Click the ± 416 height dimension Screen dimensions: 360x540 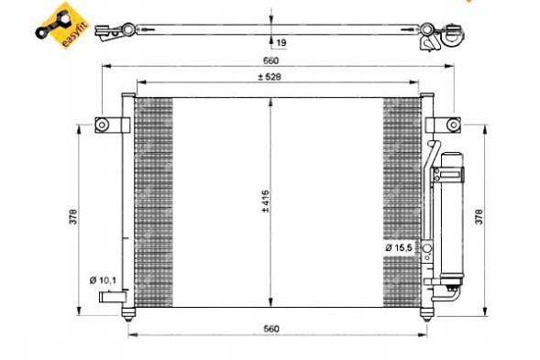coord(262,201)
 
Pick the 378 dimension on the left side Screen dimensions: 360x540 coord(72,216)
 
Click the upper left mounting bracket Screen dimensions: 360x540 coord(105,125)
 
